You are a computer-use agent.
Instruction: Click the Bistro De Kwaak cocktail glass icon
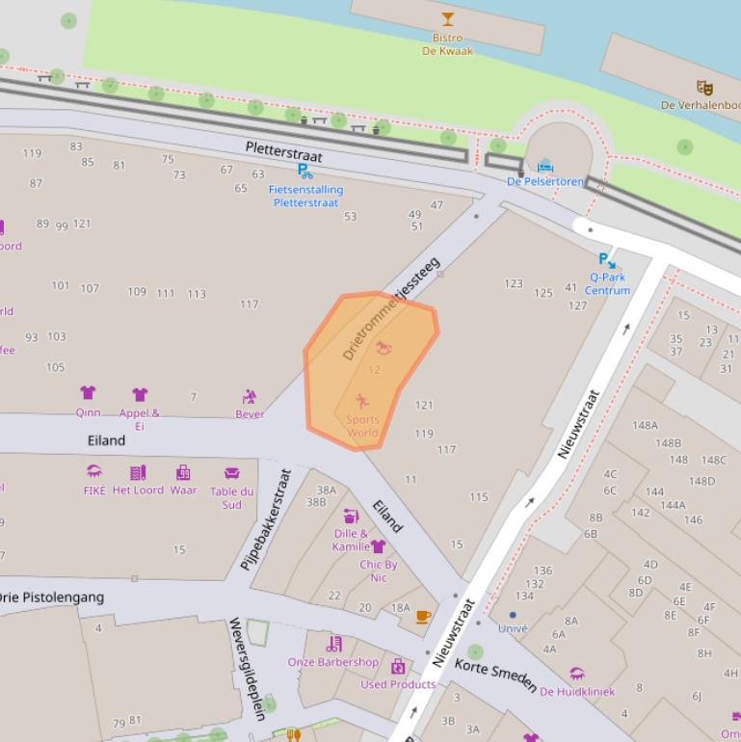pos(447,19)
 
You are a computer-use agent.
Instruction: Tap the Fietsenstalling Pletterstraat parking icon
pos(304,172)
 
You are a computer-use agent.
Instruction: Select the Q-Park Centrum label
pos(607,283)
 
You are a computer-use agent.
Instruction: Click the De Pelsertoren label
pos(545,181)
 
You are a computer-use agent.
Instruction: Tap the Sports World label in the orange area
pos(362,426)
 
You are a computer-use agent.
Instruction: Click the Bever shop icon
pos(250,397)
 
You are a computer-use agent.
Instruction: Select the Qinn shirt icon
pos(88,393)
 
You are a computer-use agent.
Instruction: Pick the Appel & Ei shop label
pos(140,419)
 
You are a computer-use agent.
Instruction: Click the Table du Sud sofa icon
pos(231,473)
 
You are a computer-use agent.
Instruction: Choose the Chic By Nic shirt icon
pos(379,547)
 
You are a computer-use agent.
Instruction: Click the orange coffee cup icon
pos(423,617)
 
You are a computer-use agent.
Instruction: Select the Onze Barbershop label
pos(333,662)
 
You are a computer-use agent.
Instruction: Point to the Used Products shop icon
pos(398,667)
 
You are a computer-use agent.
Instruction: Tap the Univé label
pos(513,628)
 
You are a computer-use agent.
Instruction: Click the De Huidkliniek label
pos(577,692)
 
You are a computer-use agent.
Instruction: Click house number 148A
pos(645,425)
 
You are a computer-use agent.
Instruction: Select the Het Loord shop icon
pos(138,473)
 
